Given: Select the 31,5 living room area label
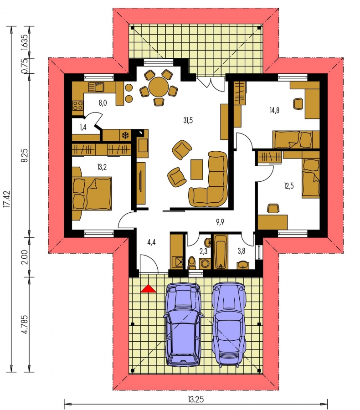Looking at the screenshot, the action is pos(188,121).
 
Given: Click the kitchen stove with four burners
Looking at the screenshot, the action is pos(78,106).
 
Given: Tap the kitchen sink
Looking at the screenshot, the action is pos(96,87).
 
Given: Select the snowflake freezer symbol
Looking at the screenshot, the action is pos(126,135).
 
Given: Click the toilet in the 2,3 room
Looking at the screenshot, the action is pos(191,263).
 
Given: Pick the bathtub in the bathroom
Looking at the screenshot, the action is pos(221,252).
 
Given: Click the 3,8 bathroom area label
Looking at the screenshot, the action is pos(241,251).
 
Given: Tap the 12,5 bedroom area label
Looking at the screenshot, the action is pos(289,186).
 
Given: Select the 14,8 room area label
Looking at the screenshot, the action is pos(274,110).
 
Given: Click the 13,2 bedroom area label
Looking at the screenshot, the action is pos(102,167).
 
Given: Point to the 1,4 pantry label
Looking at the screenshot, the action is pos(83,128).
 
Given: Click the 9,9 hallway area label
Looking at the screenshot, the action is pos(220,222).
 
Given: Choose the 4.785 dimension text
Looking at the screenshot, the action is pos(25,324).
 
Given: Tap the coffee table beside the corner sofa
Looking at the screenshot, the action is pos(197,169).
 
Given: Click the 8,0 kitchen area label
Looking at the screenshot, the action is pos(103,103).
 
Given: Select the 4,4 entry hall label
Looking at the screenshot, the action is pos(151,242).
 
